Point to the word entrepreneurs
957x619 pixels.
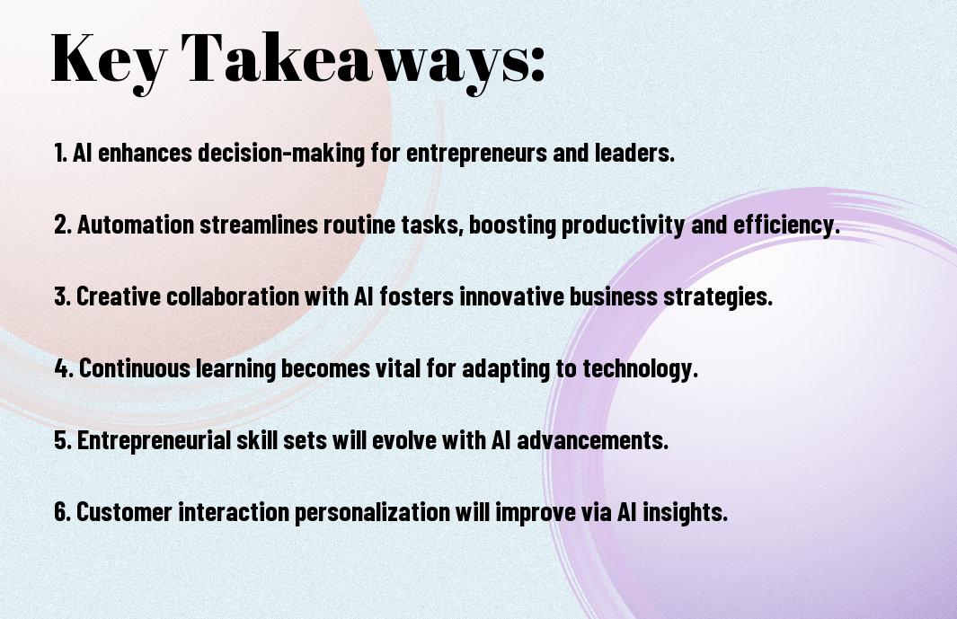pos(476,153)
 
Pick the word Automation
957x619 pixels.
pos(136,225)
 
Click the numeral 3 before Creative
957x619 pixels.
pos(61,296)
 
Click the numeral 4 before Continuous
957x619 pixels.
pos(62,368)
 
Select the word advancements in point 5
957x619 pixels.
pos(592,439)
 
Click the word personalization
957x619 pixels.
pos(372,512)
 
